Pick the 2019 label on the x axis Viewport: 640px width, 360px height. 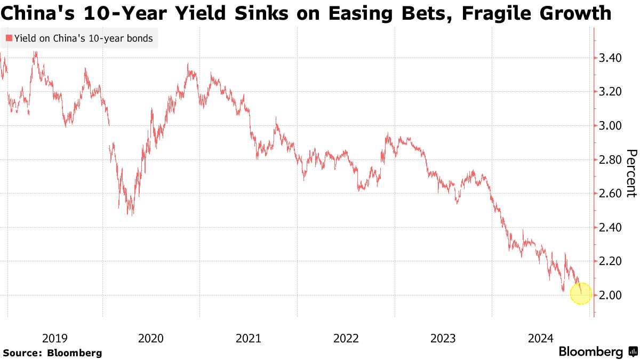pyautogui.click(x=54, y=338)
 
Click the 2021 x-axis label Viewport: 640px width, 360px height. pyautogui.click(x=248, y=338)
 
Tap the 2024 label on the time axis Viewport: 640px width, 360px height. pyautogui.click(x=540, y=338)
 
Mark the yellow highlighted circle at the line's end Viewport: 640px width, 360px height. pyautogui.click(x=581, y=293)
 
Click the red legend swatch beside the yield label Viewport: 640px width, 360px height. pyautogui.click(x=9, y=38)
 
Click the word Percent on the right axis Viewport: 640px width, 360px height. pyautogui.click(x=631, y=173)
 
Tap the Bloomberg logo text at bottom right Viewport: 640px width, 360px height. pyautogui.click(x=590, y=352)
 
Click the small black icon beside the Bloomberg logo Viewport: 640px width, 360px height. pyautogui.click(x=633, y=352)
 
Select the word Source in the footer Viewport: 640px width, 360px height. pyautogui.click(x=22, y=353)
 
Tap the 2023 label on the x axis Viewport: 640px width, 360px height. pyautogui.click(x=443, y=338)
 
